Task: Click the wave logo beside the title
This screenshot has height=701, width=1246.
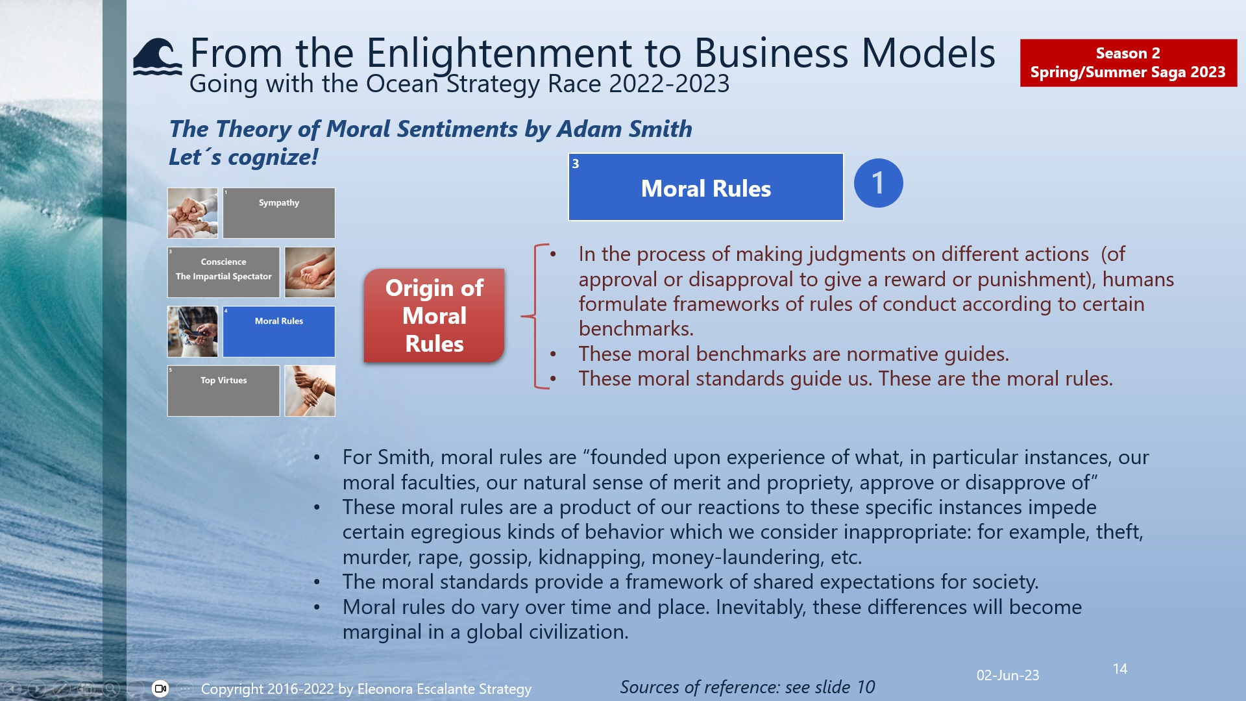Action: pos(157,56)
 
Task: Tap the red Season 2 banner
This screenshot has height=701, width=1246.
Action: pos(1128,63)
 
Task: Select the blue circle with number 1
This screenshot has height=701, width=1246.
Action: pos(878,183)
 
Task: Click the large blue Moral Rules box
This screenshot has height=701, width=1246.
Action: pos(705,188)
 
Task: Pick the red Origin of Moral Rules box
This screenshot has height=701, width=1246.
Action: pos(434,315)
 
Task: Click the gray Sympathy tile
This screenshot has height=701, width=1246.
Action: pos(279,213)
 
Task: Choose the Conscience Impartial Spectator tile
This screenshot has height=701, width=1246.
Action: pos(223,272)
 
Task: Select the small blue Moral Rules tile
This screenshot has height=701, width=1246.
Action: pos(279,332)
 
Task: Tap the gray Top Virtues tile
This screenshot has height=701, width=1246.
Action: pos(223,391)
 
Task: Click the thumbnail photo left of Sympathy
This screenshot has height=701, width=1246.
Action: pos(193,213)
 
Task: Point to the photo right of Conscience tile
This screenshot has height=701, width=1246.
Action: pos(310,272)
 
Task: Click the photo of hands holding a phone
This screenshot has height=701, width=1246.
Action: pos(193,332)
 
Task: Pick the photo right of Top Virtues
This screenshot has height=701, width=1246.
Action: pos(310,391)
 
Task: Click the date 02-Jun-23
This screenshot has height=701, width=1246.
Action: pos(1007,675)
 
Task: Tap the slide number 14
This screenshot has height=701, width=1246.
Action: pos(1119,669)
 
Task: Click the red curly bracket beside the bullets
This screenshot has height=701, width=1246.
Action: pos(536,316)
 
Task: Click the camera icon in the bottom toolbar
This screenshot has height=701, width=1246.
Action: pos(160,689)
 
